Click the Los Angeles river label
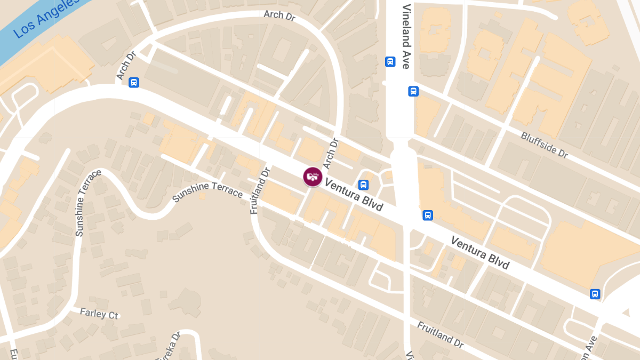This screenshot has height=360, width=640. coord(45,19)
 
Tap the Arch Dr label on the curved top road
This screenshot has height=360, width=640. coord(279,15)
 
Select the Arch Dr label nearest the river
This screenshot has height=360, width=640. coord(126,66)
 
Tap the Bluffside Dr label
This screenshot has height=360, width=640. coord(545,145)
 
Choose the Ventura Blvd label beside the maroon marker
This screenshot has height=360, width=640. coord(354,195)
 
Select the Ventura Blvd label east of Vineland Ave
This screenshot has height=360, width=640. coord(480,252)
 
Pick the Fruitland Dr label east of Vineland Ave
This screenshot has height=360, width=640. coord(440,334)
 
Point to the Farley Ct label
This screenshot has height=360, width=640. coord(99,314)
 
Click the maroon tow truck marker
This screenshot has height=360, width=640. coord(313,177)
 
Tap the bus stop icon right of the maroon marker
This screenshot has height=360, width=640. coord(363,185)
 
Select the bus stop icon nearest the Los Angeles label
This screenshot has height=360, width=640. coord(134,82)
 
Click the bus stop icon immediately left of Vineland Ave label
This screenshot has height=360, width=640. coord(390,62)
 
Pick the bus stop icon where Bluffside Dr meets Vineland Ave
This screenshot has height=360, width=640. coord(413,91)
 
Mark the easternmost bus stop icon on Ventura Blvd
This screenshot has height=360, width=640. coord(595,294)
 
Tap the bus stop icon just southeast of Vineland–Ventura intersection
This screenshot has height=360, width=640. coord(427,215)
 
